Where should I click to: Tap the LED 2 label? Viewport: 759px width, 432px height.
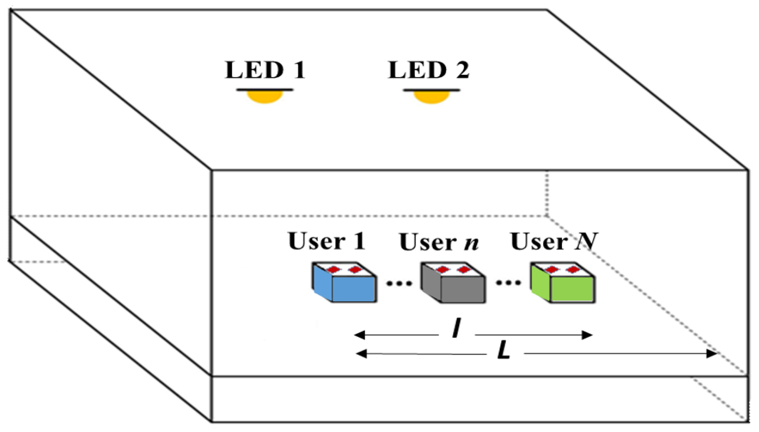point(429,70)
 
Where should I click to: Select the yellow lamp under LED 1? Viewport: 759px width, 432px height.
point(265,96)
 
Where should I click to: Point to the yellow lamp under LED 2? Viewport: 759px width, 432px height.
point(431,96)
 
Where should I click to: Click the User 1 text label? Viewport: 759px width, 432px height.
point(327,242)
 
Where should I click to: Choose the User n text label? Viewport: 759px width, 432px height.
point(439,242)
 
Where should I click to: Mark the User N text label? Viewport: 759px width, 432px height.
point(554,242)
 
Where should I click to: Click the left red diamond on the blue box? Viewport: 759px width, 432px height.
point(334,269)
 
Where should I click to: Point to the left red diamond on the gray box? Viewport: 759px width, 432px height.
point(442,269)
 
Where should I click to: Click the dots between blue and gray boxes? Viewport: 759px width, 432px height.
point(399,284)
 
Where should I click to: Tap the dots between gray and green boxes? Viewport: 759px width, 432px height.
point(508,283)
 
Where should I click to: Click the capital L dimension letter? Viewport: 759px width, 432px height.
point(503,351)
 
